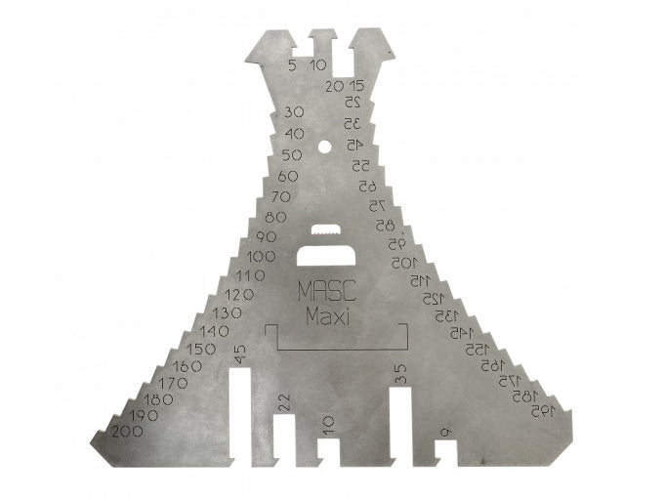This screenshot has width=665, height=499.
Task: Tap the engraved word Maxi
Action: [327, 316]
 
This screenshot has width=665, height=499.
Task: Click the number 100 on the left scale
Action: [261, 256]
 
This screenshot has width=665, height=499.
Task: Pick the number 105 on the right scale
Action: [404, 263]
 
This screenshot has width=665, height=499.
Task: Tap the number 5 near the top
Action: [293, 65]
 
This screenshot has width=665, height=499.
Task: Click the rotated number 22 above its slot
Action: [283, 400]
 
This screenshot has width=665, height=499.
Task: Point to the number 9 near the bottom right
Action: [445, 431]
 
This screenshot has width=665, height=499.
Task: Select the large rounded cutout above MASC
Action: [327, 256]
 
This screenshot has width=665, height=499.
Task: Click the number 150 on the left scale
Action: [201, 349]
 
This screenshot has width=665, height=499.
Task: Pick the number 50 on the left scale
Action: [291, 154]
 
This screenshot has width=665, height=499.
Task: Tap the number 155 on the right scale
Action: [476, 349]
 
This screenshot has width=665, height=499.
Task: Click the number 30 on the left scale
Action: [294, 112]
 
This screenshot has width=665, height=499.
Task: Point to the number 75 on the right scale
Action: [377, 205]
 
